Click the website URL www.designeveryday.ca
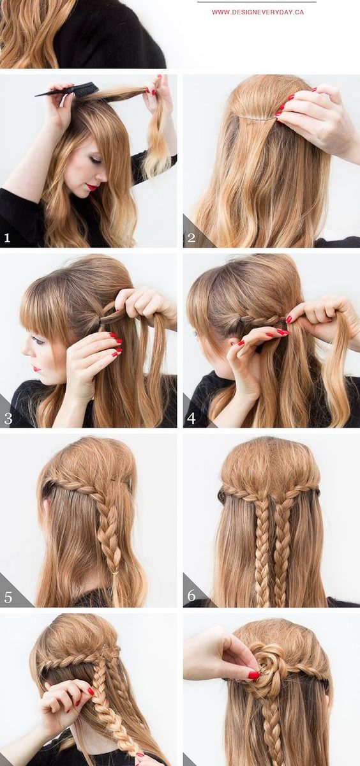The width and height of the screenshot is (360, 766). coord(257,12)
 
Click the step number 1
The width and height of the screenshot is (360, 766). coord(7,238)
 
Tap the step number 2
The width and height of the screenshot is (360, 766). coord(191,237)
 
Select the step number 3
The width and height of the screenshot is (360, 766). coord(8,419)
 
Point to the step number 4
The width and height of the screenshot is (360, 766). coord(191,418)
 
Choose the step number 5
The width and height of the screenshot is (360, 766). coord(8,597)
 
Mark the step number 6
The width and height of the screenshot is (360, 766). coord(191,596)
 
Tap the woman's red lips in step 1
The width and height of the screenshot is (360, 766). coord(91,187)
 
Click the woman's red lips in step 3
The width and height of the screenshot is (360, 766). coord(36,369)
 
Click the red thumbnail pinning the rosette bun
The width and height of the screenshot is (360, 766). coord(253,675)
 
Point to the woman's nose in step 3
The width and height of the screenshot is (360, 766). coord(26,352)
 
